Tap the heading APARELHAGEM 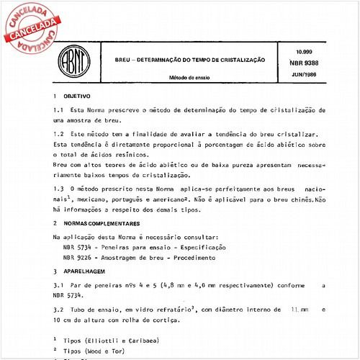[84, 271]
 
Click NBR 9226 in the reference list [78, 257]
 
